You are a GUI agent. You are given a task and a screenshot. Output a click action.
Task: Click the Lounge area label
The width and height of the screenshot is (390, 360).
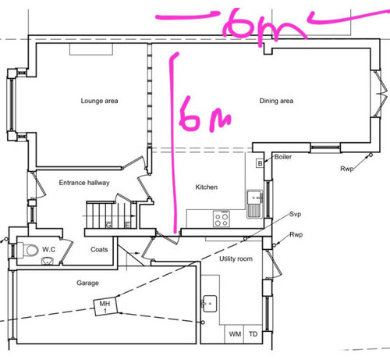coord(99,101)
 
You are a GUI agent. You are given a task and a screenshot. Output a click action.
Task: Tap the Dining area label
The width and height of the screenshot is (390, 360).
coord(276,101)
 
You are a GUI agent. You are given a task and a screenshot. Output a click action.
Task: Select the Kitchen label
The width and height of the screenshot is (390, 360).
coord(207,187)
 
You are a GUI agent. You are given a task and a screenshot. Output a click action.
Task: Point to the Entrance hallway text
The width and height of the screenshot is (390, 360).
coord(84,183)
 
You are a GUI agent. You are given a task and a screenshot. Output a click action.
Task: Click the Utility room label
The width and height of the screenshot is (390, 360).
coord(236,258)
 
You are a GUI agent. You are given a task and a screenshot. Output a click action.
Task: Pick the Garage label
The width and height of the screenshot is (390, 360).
coord(87,283)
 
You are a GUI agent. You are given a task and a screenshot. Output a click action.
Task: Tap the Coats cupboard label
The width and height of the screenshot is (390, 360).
coord(99,249)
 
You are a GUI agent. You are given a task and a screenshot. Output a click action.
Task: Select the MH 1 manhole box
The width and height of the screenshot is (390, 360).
coord(105,306)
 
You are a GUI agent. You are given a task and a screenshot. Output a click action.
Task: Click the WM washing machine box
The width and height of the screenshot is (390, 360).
coord(234,333)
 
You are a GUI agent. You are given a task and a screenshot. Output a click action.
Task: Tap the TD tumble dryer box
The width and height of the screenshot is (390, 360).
coord(253,333)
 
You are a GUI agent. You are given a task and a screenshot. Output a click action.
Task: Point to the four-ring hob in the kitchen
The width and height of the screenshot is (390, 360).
coord(222,219)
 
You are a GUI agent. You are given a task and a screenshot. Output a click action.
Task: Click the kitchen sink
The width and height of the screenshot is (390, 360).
coord(255,204)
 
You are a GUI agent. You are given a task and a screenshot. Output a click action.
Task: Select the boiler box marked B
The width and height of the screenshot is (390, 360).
coord(260,163)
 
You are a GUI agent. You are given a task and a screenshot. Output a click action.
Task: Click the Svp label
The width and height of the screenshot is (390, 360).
coord(296,214)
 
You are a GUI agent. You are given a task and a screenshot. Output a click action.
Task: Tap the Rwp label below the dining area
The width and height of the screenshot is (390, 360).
coord(347,169)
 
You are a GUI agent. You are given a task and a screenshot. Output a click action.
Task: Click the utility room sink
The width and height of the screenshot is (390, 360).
coord(210,304)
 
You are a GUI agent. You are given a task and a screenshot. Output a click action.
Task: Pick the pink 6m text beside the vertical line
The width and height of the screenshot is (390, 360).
coord(205,113)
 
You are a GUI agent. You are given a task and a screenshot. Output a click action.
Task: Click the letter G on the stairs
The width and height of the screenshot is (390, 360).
coord(108,225)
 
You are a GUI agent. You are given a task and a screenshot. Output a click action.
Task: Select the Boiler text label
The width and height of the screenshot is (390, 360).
coord(283,157)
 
